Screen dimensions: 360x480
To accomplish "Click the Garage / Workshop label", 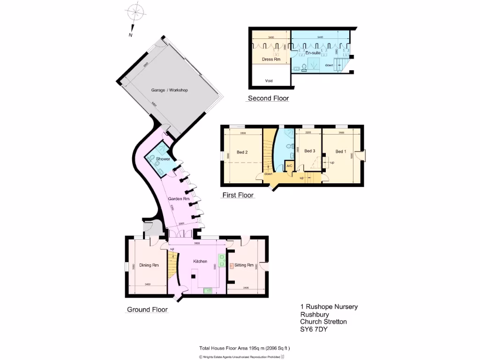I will coord(169,90).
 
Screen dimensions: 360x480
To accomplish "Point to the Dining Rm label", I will coord(148,266).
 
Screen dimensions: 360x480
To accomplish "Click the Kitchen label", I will coord(200,261).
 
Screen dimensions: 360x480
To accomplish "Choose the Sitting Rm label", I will coord(244,265).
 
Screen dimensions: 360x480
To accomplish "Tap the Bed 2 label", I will coord(242,152).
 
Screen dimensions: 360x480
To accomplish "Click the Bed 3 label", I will coord(309,151).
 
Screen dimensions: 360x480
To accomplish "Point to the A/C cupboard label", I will coord(289,166).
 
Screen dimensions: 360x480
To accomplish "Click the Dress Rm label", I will coord(271,60).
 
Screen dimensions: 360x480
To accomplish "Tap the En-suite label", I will coord(313,53).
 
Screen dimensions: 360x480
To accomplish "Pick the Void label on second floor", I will coord(269,81).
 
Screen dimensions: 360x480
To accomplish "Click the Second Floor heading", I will coord(268,98).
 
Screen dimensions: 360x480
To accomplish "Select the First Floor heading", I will coord(238,195).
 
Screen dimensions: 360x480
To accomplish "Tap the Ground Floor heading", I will coord(147,310).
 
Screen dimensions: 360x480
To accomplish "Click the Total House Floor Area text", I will coord(245,348).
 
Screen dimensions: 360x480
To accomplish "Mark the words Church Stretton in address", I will coord(323,322).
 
